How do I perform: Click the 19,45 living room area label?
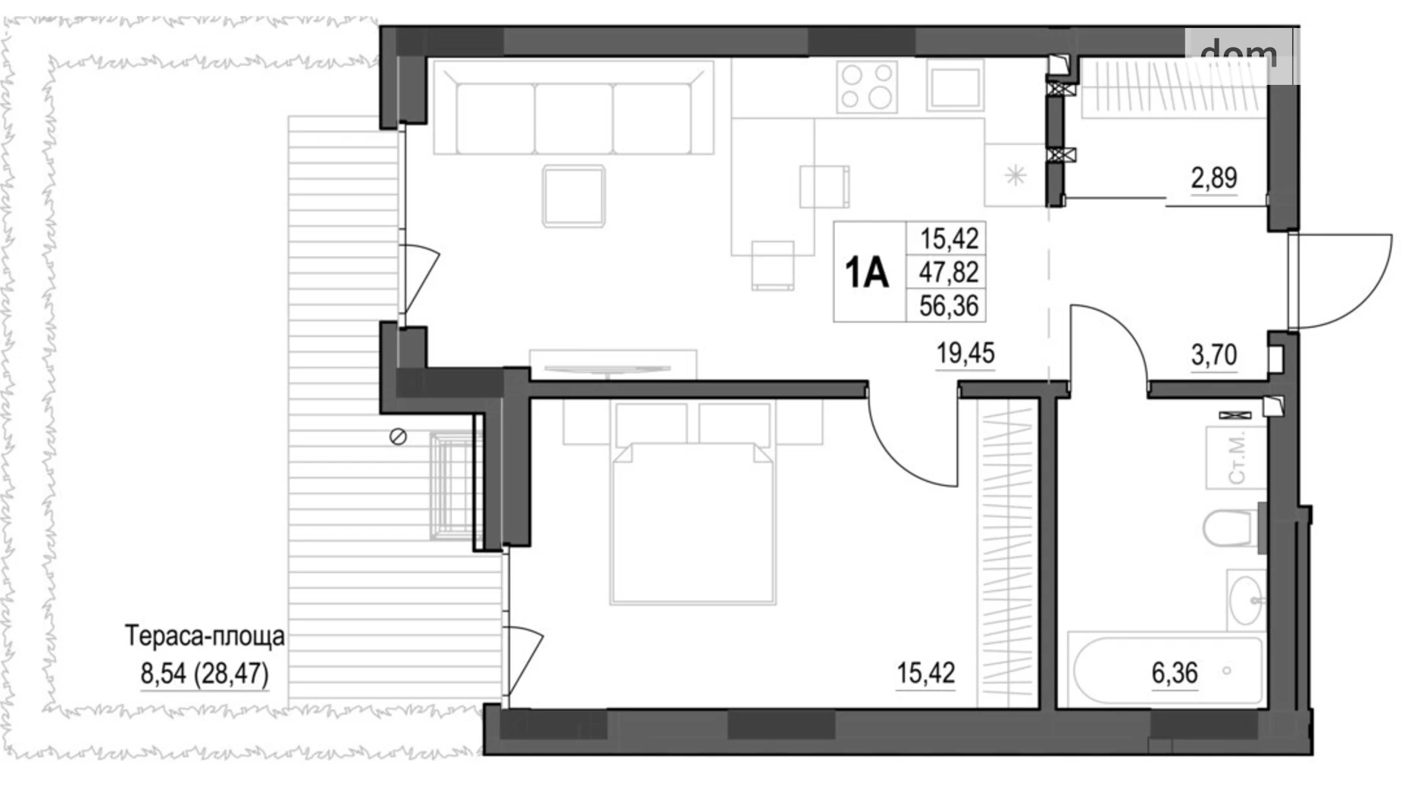pos(965,353)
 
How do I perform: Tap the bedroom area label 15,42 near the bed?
pos(925,673)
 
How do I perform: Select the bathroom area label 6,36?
pos(1175,673)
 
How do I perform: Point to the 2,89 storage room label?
pos(1213,178)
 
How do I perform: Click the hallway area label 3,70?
pos(1213,354)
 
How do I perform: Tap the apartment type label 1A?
pos(866,273)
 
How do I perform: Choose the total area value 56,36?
pos(949,306)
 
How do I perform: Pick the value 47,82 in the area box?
pos(949,272)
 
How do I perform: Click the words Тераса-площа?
pos(205,636)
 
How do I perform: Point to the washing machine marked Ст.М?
pos(1236,458)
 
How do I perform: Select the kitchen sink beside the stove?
pos(955,86)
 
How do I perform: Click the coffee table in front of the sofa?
pos(574,195)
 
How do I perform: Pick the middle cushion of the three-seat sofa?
pos(574,118)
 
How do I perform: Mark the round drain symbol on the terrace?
pos(398,436)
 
